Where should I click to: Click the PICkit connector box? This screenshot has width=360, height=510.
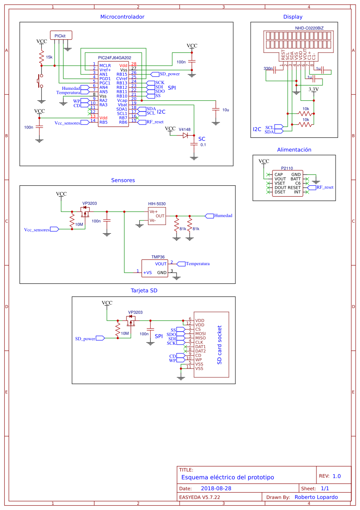pos(61,35)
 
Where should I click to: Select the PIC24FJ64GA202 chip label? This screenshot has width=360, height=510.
pos(115,58)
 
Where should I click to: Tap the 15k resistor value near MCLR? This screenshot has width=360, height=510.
pos(49,57)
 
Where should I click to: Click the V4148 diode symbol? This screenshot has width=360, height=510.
pos(185,135)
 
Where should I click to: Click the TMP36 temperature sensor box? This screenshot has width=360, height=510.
pos(154,268)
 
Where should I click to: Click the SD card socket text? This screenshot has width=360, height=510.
pos(220,345)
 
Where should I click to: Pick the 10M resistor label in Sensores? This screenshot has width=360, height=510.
pos(79,224)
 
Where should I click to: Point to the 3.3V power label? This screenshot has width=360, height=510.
pos(313,89)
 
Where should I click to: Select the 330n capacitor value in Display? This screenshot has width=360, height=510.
pos(268,68)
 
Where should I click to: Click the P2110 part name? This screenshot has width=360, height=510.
pos(287,168)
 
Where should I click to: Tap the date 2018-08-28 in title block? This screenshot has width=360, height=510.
pos(216,489)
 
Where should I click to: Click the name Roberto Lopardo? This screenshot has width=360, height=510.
pos(316,497)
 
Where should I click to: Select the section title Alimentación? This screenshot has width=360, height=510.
pos(294,150)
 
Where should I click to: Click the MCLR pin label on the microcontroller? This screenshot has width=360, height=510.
pos(105,65)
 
